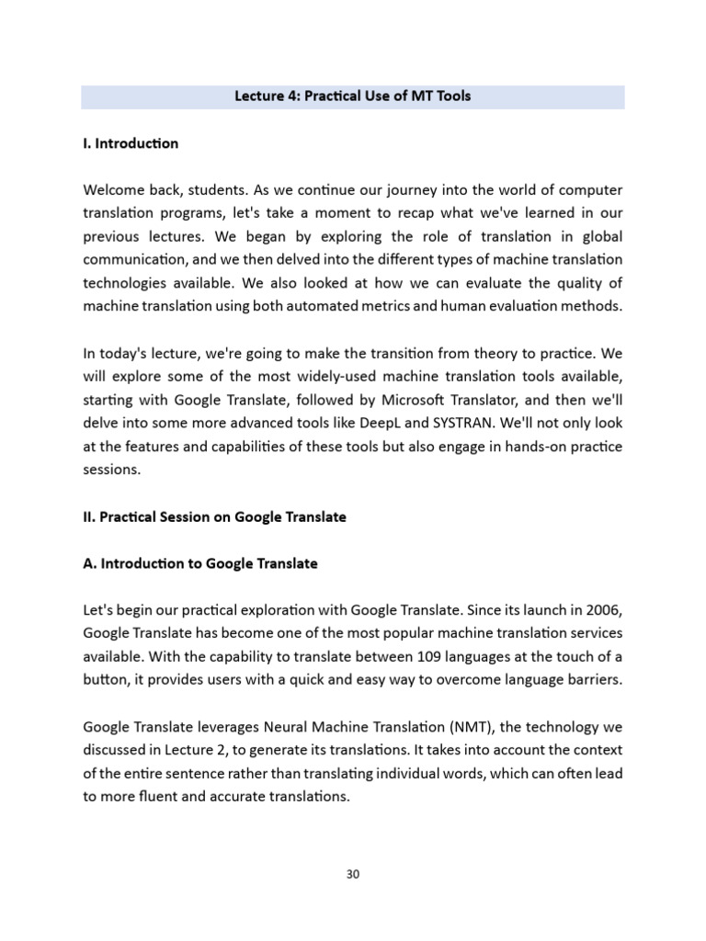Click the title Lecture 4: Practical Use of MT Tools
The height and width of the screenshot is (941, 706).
(352, 96)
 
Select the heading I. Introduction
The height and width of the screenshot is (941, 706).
(130, 143)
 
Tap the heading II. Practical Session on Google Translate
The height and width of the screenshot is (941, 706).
(214, 517)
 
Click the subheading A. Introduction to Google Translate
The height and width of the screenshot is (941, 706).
(199, 564)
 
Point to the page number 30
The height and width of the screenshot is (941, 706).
(353, 874)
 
